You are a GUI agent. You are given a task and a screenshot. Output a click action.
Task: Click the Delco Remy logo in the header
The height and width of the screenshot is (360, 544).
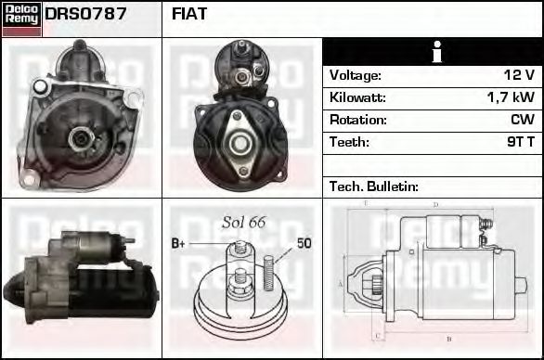(x=21, y=18)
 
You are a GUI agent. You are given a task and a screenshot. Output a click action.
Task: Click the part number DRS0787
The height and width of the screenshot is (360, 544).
(x=85, y=15)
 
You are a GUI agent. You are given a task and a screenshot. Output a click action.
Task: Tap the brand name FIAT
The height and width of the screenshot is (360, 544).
(x=189, y=15)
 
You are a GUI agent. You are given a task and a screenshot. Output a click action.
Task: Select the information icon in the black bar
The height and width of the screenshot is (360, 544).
(x=432, y=52)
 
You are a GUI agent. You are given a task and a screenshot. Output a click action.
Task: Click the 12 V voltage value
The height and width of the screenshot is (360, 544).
(x=517, y=75)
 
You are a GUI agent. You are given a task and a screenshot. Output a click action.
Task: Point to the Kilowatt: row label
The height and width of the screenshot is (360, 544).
(x=357, y=97)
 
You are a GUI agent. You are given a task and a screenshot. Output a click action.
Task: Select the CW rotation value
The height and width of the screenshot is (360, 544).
(x=522, y=120)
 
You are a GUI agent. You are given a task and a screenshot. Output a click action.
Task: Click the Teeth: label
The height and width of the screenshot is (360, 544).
(x=349, y=142)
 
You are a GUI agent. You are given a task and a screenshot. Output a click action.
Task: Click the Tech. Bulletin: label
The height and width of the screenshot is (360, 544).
(x=374, y=186)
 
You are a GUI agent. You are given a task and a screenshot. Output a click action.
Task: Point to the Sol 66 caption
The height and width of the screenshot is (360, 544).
(x=244, y=223)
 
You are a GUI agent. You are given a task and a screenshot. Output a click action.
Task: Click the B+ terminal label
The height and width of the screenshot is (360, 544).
(x=179, y=243)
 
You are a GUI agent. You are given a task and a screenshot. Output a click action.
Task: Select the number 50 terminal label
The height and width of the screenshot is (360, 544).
(x=304, y=243)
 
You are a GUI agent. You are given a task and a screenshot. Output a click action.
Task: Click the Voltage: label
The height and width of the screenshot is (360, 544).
(x=355, y=75)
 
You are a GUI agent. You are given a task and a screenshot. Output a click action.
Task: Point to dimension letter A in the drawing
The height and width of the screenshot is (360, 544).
(x=342, y=283)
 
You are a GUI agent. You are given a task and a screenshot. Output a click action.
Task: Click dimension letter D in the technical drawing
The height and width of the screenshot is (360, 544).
(x=435, y=204)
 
